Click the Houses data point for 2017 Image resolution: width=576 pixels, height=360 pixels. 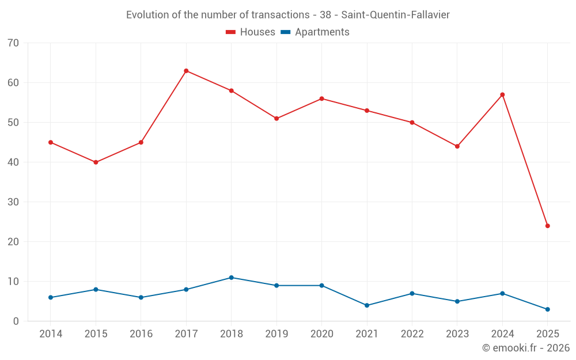pos(186,71)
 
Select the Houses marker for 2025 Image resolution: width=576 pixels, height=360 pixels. pos(547,226)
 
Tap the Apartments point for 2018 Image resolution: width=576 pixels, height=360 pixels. pos(231,278)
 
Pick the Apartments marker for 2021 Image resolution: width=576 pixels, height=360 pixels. pos(367,305)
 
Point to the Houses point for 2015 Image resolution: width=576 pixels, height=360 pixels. pos(96,162)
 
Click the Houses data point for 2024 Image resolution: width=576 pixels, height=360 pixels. pos(502,94)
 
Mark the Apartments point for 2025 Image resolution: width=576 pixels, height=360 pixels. pos(547,309)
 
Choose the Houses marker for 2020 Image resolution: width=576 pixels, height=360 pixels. pos(321,98)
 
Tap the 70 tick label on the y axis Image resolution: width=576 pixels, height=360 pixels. pos(13,43)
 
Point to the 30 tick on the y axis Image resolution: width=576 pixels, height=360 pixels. pos(13,202)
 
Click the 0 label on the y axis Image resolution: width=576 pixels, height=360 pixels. pos(16,321)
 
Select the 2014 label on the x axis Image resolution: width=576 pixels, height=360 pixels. pos(51,334)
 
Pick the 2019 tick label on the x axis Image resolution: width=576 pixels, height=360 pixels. pos(276,334)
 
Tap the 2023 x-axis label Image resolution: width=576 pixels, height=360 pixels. pos(457,334)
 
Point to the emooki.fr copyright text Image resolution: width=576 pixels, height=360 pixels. pos(526,348)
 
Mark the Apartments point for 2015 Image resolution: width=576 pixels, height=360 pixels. pos(96,290)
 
